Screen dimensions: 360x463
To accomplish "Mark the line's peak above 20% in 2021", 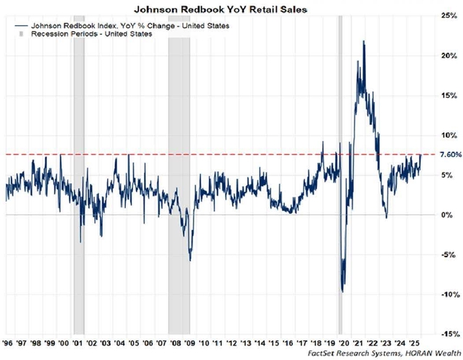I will click(362, 42).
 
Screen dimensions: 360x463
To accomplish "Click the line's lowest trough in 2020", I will click(342, 291).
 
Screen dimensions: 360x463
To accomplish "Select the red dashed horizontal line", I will click(217, 154).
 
